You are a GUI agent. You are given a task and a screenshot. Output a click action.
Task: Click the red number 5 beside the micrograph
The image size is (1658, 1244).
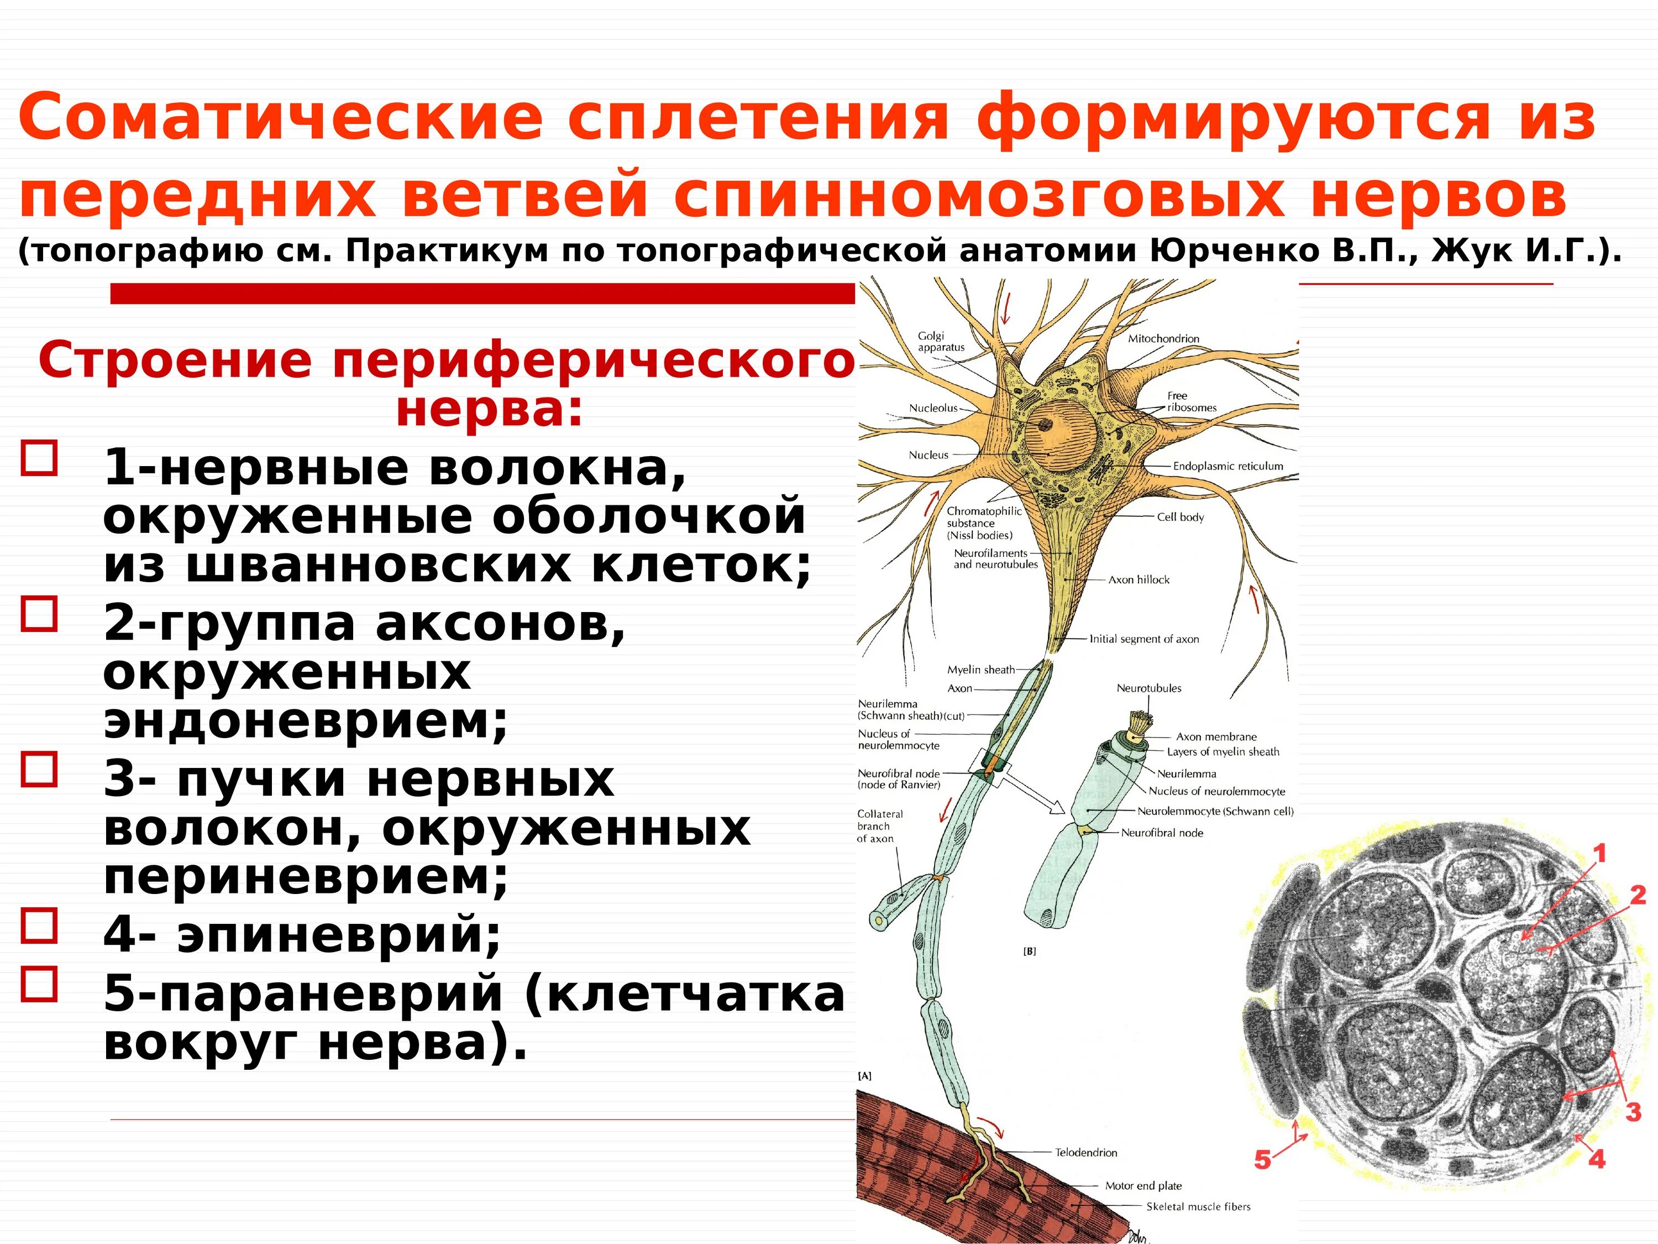(x=1263, y=1159)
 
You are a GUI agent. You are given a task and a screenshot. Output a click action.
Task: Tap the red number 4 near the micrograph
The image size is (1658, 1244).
(x=1597, y=1159)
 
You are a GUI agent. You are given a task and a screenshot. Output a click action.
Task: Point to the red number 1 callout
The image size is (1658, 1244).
(x=1599, y=853)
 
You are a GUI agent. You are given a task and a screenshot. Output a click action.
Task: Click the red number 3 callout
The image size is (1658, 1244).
(x=1634, y=1111)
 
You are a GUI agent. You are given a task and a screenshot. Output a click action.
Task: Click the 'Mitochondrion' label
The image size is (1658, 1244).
(x=1163, y=339)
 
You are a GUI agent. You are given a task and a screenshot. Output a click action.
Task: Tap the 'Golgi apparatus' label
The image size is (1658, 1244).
(x=941, y=342)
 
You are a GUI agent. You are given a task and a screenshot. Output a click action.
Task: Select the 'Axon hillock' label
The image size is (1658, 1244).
(x=1138, y=579)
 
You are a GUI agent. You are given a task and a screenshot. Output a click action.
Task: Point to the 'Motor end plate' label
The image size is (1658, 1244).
(x=1143, y=1185)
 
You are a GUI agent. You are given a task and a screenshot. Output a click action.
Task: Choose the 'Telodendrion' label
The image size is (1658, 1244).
(x=1086, y=1153)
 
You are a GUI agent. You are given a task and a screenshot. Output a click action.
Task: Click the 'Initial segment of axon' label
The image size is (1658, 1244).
(x=1144, y=639)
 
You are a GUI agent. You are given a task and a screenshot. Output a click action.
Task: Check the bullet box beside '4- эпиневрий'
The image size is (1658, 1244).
(x=40, y=926)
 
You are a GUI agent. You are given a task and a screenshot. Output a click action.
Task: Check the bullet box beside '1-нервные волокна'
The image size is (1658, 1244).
(x=40, y=458)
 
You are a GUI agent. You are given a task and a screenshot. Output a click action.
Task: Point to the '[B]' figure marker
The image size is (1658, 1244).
(x=1029, y=952)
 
